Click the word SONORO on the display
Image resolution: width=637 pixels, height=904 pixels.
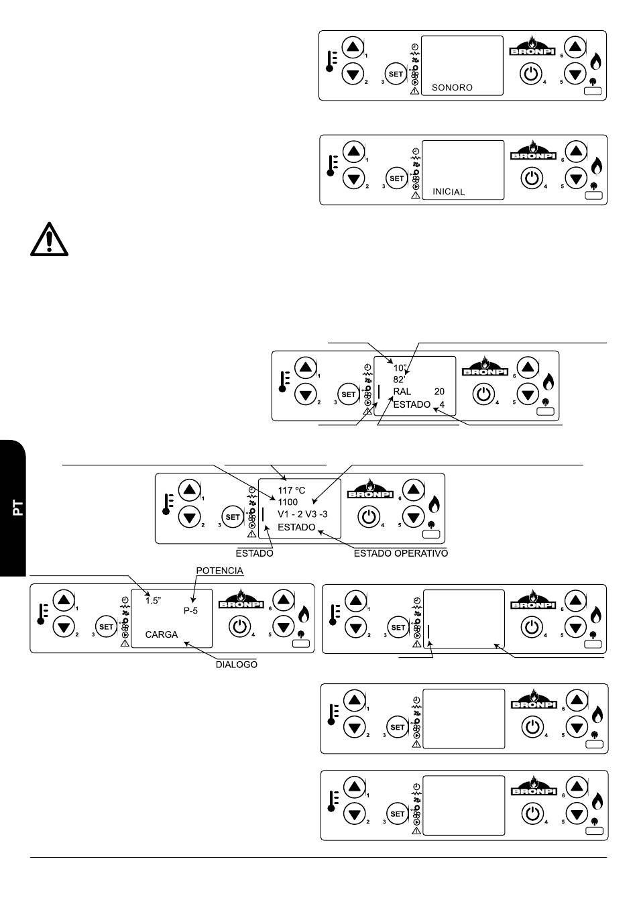[x=452, y=88]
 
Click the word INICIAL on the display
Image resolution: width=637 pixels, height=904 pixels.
[x=449, y=192]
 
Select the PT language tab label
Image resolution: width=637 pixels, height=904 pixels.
[x=17, y=508]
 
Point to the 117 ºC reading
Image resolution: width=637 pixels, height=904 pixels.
[x=291, y=490]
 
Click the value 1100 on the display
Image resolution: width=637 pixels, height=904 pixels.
[x=288, y=502]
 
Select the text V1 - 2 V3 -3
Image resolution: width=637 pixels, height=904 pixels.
[x=302, y=514]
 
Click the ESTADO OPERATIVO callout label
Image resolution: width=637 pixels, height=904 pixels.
[x=400, y=553]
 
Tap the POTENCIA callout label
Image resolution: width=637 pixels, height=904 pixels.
[x=219, y=571]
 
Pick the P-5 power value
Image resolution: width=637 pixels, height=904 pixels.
[x=190, y=611]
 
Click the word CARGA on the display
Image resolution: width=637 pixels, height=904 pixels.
[x=162, y=634]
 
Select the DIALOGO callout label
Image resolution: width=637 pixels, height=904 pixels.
[x=237, y=665]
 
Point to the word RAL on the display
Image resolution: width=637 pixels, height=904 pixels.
[x=402, y=392]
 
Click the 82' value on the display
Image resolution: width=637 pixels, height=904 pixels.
[x=398, y=380]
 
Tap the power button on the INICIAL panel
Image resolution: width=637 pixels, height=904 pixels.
[x=532, y=178]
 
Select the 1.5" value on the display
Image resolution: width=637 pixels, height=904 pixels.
[x=153, y=600]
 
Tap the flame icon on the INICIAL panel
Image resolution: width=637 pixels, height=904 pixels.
[x=597, y=166]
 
